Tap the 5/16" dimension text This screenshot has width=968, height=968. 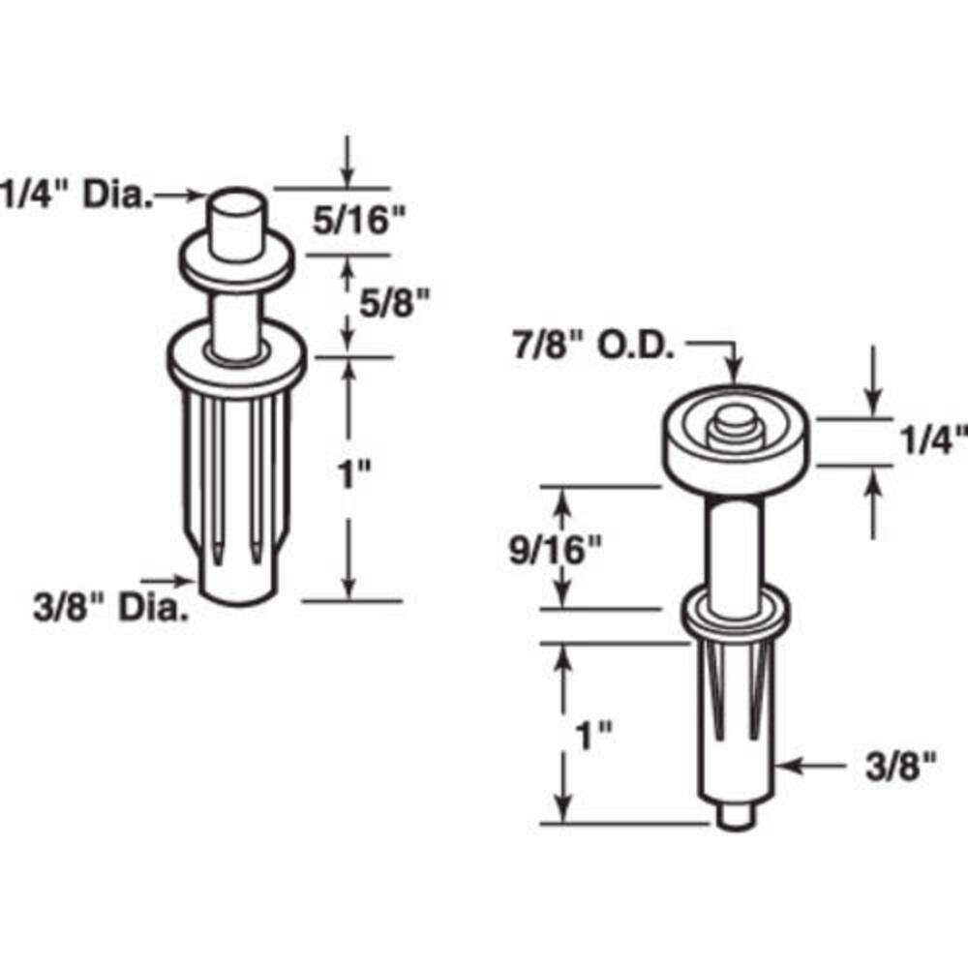coord(359,220)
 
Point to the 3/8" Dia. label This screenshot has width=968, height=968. coord(110,608)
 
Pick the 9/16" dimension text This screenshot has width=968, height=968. coord(555,550)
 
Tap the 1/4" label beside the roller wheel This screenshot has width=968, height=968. coord(933,440)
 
